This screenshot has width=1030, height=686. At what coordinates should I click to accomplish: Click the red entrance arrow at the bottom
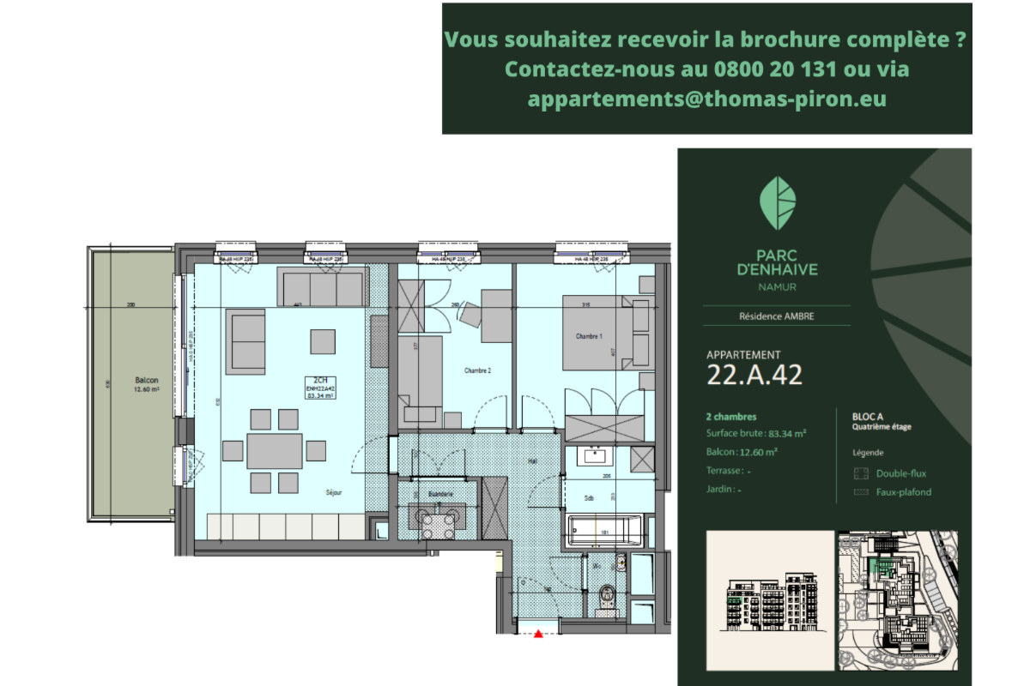(x=538, y=635)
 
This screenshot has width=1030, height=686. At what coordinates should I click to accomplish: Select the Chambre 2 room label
(x=477, y=370)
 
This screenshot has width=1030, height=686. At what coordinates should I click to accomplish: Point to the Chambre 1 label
(x=589, y=337)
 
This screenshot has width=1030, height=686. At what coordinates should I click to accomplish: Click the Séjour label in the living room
(x=334, y=493)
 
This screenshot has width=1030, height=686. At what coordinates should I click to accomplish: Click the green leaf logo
(x=778, y=203)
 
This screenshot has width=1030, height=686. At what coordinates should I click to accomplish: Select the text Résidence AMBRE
(x=777, y=316)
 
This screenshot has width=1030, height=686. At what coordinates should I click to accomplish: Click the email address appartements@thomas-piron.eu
(x=706, y=99)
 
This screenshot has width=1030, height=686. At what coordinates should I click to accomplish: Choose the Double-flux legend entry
(x=900, y=473)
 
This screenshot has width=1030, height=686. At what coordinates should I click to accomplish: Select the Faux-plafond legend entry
(x=903, y=492)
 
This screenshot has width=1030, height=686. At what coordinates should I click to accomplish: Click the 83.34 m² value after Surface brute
(x=787, y=434)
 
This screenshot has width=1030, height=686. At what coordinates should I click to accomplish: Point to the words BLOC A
(x=869, y=415)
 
